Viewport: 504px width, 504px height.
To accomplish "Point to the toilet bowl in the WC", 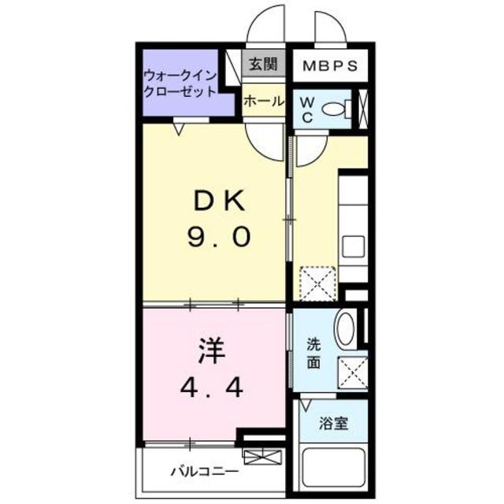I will [337, 109].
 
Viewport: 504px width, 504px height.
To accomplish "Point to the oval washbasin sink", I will [345, 330].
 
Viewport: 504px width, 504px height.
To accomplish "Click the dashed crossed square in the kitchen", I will [319, 284].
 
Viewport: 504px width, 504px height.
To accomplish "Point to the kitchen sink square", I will [353, 246].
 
